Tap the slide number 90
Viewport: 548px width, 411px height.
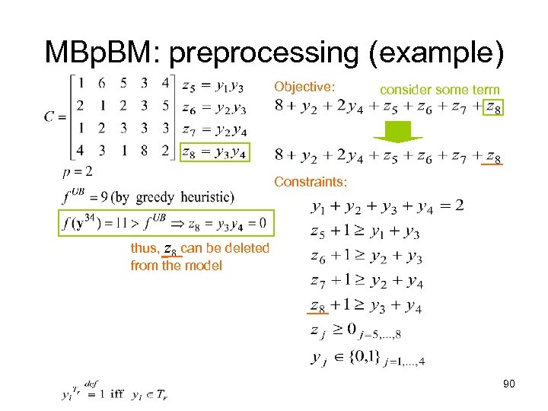point(509,384)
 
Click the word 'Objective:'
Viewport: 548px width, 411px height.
point(304,87)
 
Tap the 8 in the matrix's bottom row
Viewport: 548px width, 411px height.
point(145,150)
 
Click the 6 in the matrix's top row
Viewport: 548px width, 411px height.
point(102,82)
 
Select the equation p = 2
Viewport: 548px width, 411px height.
point(79,171)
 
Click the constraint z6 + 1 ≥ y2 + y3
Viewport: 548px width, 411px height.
point(366,256)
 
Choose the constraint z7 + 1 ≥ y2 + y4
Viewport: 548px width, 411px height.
point(366,282)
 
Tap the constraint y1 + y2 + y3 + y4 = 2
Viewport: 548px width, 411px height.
point(387,206)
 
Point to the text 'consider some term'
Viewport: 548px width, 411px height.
point(439,90)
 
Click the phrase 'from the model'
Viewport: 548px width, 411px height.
point(176,266)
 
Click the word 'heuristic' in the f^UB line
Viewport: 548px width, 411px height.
point(205,197)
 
